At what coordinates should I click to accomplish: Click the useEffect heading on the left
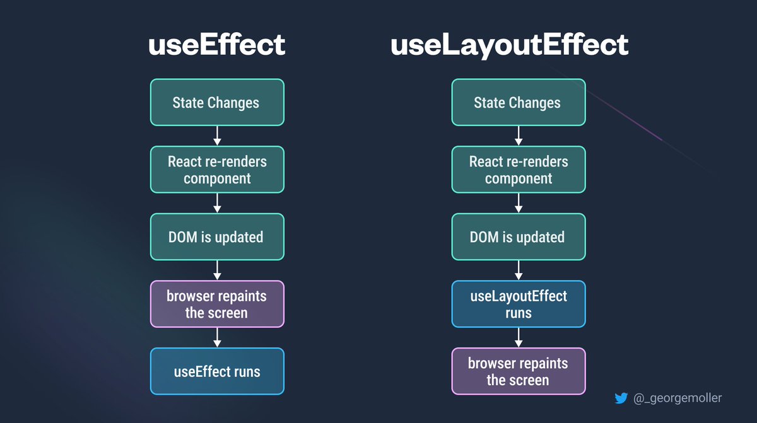tap(216, 45)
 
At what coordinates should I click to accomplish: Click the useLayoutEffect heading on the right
tap(510, 45)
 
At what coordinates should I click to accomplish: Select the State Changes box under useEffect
tap(217, 102)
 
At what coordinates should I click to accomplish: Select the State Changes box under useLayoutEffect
tap(519, 102)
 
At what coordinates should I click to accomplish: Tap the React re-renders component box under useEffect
tap(217, 170)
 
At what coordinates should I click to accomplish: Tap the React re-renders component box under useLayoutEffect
tap(519, 170)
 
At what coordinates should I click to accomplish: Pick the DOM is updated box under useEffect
tap(217, 237)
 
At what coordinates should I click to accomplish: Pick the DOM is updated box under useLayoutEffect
tap(519, 237)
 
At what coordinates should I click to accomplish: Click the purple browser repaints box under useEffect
tap(217, 304)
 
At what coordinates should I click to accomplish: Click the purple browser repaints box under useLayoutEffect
tap(519, 371)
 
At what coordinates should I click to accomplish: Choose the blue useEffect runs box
tap(217, 371)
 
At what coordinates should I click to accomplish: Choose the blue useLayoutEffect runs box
tap(519, 304)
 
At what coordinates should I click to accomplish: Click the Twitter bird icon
tap(621, 398)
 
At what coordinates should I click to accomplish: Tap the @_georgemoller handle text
tap(678, 398)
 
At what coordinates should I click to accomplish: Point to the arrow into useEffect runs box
tap(217, 338)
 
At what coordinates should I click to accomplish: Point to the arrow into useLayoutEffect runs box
tap(519, 270)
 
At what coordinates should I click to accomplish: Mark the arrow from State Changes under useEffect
tap(217, 136)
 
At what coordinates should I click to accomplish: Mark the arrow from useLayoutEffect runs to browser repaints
tap(519, 338)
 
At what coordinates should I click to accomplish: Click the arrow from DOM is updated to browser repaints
tap(217, 270)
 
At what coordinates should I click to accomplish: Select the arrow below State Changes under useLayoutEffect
tap(519, 136)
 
